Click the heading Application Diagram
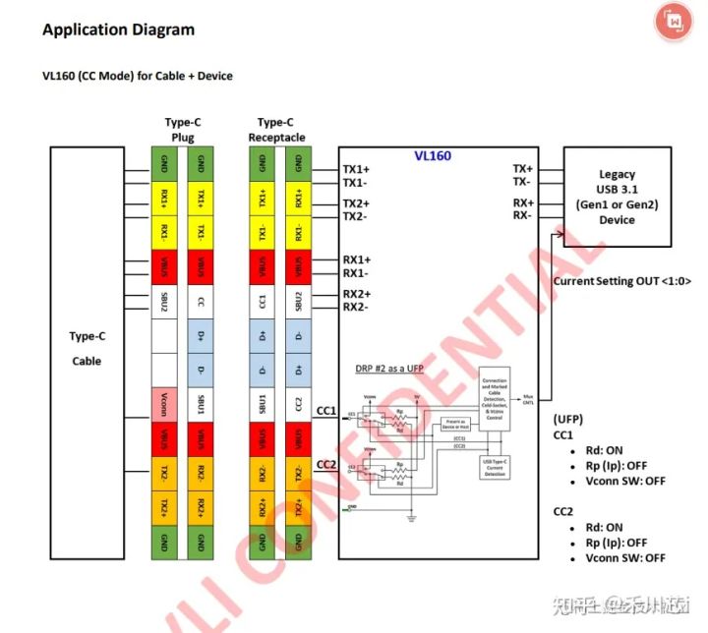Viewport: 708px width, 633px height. point(118,29)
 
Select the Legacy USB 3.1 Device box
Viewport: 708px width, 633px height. point(617,198)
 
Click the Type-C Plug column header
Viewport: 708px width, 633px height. point(183,130)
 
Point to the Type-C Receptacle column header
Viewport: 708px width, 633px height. point(276,130)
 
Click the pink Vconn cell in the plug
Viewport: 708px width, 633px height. point(163,404)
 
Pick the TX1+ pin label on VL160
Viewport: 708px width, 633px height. point(356,169)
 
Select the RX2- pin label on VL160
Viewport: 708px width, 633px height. point(356,307)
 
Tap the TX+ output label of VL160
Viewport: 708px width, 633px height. point(523,169)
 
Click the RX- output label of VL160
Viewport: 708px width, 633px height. point(523,215)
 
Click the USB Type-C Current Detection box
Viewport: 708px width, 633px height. point(496,465)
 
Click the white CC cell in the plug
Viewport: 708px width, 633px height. point(201,301)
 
